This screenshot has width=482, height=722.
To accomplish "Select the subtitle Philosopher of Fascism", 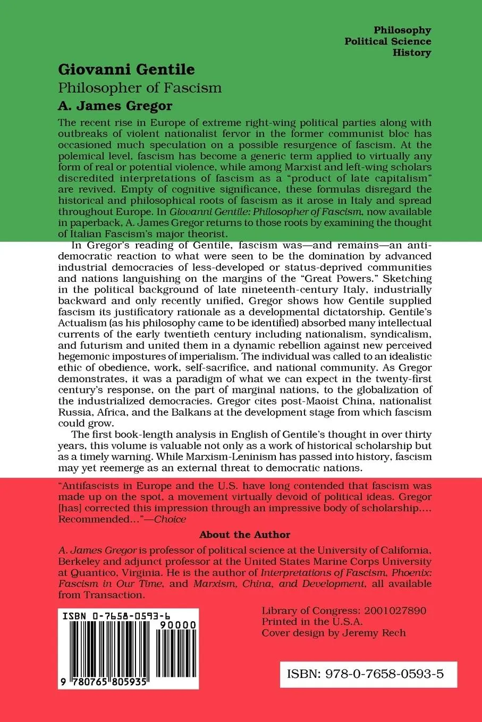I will coord(140,88).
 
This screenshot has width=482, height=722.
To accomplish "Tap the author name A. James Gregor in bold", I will coord(115,106).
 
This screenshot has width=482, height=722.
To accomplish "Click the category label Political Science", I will coord(387,41).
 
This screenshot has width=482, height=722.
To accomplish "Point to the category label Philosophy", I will coord(402,30).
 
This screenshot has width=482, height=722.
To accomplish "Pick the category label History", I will coord(411,53).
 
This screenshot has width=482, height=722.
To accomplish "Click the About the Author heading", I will coord(244,535).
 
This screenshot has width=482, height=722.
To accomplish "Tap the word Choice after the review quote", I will coord(170,519).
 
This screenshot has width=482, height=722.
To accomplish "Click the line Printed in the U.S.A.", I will coord(312,622).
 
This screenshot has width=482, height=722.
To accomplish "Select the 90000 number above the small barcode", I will coord(178,625).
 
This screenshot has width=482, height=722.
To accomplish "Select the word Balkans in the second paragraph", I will coord(199,412).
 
